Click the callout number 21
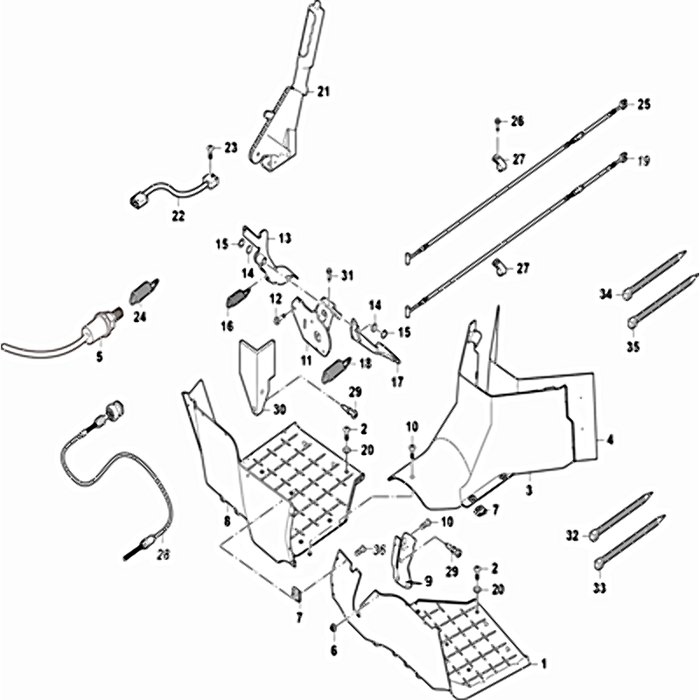[323, 91]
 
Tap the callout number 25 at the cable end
[644, 105]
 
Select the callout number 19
[644, 160]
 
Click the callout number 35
[633, 346]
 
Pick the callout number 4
[610, 440]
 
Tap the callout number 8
[227, 521]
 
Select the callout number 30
[279, 409]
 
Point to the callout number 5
[99, 357]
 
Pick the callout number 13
[284, 238]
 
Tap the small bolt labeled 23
[211, 150]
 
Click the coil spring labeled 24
[144, 290]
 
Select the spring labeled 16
[234, 298]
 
